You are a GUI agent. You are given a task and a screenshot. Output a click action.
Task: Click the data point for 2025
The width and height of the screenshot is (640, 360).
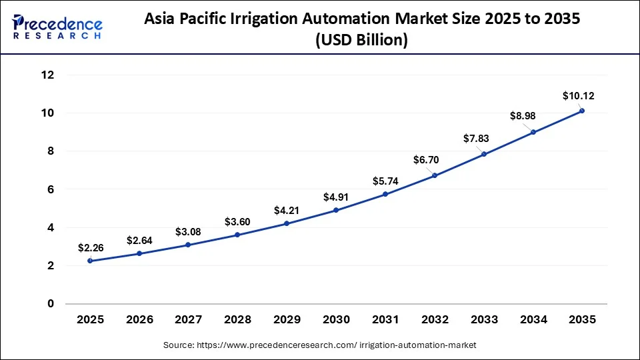coord(90,261)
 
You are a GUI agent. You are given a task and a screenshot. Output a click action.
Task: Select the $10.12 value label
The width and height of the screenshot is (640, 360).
coord(578,96)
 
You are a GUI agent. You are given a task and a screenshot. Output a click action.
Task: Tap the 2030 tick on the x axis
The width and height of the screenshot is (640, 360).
coord(336,320)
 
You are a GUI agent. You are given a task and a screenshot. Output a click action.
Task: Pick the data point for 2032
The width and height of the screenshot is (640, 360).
coord(435,176)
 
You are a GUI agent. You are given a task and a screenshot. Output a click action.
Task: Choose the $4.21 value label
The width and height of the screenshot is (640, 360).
coord(287,211)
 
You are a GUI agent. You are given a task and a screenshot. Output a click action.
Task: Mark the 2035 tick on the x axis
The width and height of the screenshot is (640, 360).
coord(582,320)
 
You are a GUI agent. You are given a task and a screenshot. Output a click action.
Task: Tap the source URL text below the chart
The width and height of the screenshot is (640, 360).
coord(319,345)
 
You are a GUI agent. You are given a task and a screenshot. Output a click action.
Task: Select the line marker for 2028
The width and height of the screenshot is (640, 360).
coord(237,235)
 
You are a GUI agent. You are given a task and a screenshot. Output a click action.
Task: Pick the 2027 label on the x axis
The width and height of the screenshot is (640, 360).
coord(188,320)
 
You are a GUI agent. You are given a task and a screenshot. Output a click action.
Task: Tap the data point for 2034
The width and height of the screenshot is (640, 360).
coord(533,132)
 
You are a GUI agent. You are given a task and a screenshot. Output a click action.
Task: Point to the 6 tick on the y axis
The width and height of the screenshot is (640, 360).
coord(49,190)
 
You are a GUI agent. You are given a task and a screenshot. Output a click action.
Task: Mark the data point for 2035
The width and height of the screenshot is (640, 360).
coord(582,111)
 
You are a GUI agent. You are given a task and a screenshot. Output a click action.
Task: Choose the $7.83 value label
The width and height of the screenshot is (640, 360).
coord(477,139)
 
